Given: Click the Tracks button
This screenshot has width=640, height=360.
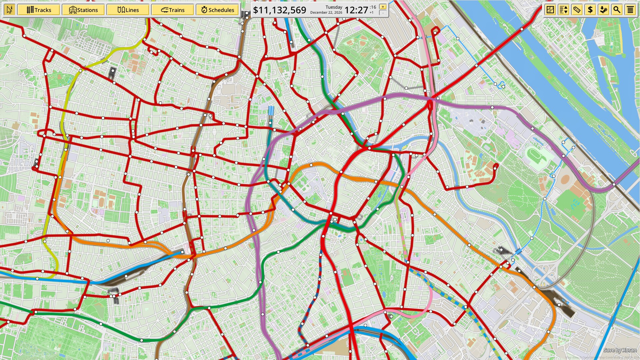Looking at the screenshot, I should point(39,10).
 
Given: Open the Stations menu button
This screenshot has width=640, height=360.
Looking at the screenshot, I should point(83,10).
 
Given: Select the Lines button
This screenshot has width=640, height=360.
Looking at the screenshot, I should point(128,10).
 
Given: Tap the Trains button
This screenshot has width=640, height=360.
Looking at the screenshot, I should point(172,10).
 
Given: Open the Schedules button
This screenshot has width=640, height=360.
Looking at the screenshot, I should point(217,10).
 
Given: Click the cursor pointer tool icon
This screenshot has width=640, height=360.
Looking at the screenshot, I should point(9,10).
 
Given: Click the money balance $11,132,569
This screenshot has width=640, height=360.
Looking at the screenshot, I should point(279,10).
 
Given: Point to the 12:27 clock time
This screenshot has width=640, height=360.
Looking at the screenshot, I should point(356,10).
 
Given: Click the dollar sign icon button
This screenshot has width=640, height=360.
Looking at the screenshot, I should point(590,10).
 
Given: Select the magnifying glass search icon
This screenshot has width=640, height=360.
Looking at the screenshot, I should point(617,10).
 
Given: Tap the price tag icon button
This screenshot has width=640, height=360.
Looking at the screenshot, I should point(577,10).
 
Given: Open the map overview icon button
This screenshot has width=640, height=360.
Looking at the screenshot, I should point(550,10).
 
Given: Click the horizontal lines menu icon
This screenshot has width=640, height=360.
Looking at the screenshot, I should point(630,10).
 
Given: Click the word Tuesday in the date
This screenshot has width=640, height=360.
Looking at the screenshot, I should point(334,7).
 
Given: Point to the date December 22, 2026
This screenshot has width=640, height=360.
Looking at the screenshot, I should point(326,13).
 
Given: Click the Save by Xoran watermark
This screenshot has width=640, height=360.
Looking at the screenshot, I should point(620,350).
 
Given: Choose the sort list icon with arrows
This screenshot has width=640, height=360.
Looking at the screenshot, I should point(564,10).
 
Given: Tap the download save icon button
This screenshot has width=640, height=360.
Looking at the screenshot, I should point(603,10).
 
